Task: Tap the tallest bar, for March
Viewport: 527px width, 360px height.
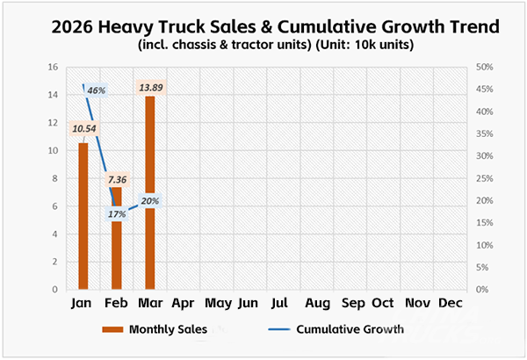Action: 150,193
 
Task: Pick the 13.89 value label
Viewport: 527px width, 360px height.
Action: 150,87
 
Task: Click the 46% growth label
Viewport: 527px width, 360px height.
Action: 95,90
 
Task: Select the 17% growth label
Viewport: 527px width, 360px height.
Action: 118,214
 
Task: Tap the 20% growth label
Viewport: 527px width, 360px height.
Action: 148,201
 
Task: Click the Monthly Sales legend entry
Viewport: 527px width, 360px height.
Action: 168,330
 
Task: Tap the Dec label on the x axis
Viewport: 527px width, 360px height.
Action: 450,304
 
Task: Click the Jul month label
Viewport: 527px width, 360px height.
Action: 280,304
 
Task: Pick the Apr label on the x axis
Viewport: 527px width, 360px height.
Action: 183,304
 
